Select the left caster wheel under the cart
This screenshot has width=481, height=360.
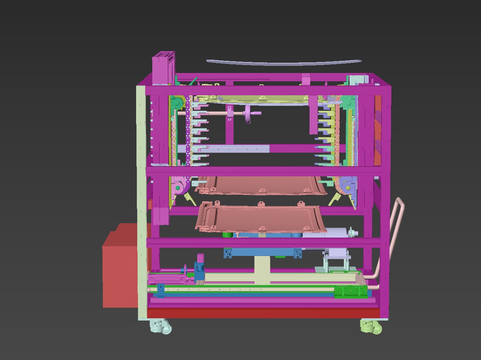pyautogui.click(x=161, y=326)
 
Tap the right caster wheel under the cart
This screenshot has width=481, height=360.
pyautogui.click(x=371, y=326)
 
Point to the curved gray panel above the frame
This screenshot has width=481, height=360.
pyautogui.click(x=284, y=62)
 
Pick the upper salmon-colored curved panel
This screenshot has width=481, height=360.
pyautogui.click(x=264, y=185)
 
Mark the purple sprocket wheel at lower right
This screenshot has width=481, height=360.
pyautogui.click(x=347, y=187)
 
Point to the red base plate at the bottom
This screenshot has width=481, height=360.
pyautogui.click(x=264, y=313)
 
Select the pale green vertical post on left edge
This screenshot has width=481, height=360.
pyautogui.click(x=142, y=200)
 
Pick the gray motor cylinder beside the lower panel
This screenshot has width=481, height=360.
pyautogui.click(x=337, y=233)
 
